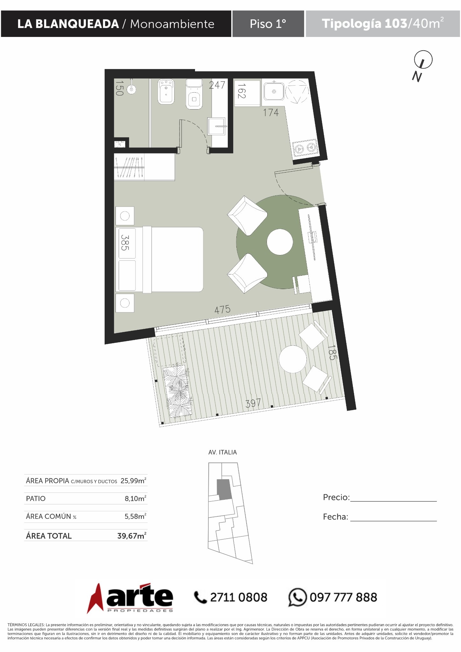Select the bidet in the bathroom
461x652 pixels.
[x=167, y=91]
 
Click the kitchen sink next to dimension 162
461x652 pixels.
[x=274, y=91]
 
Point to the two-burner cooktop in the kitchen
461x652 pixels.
[x=305, y=147]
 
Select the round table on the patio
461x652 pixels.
[x=293, y=359]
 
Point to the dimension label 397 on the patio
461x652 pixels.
[x=253, y=403]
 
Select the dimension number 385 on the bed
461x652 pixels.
[x=125, y=243]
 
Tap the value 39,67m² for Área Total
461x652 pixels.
[x=132, y=536]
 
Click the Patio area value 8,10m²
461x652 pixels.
[x=136, y=498]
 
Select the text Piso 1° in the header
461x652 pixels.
[x=268, y=24]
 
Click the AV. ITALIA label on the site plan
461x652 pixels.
[x=223, y=452]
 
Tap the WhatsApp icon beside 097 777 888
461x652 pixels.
[x=297, y=597]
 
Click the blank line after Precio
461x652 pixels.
[x=394, y=501]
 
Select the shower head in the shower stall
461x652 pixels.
[x=131, y=89]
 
